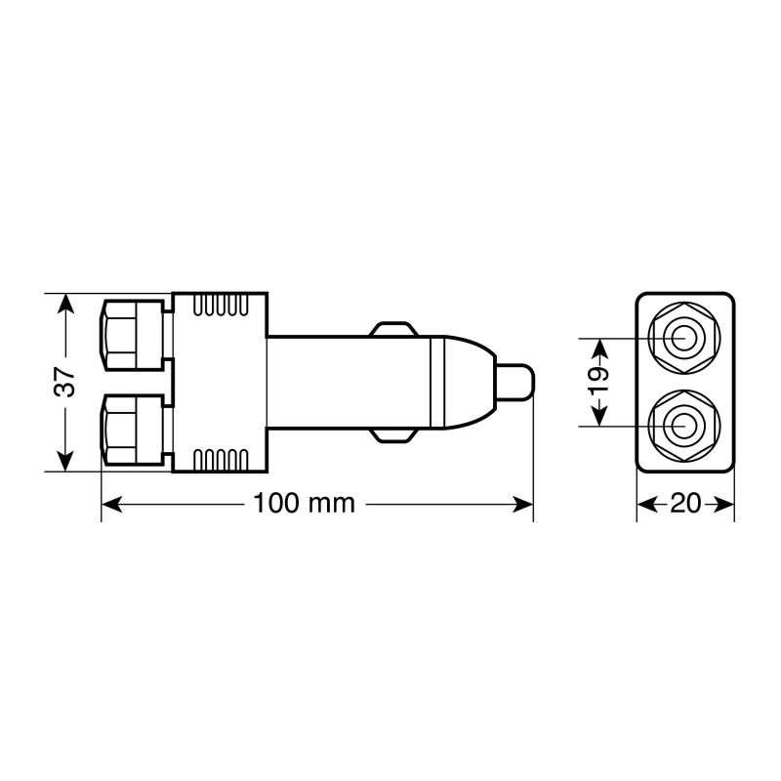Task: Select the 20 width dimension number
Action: [x=686, y=504]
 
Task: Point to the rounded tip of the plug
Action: [x=518, y=382]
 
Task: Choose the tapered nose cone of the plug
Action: [x=467, y=382]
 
